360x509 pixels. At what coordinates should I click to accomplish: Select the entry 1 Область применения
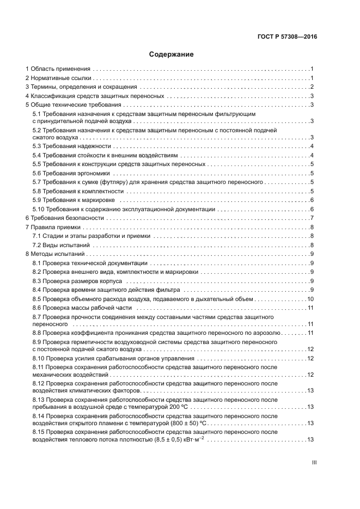pos(58,69)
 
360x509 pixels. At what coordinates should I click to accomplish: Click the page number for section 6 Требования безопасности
pos(311,218)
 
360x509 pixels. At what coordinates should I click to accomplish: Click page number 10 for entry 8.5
pos(310,299)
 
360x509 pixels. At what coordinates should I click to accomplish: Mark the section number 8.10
pos(39,358)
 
